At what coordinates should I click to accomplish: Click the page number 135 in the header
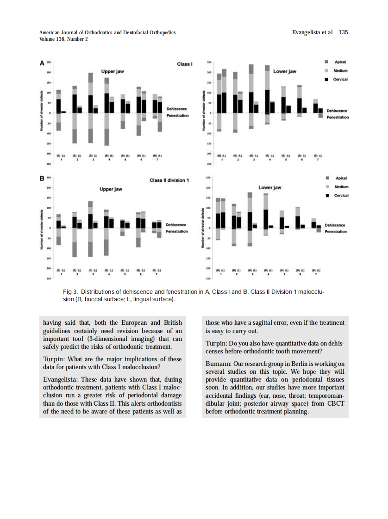(x=343, y=32)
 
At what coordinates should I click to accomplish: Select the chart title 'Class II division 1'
(x=169, y=180)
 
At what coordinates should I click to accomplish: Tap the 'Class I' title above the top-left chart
(x=184, y=64)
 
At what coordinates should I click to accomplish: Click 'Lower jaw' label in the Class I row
(x=285, y=72)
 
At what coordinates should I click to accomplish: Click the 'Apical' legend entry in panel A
(x=340, y=62)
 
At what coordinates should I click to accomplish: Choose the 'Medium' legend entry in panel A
(x=340, y=70)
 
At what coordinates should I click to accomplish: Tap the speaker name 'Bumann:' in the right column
(x=217, y=363)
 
